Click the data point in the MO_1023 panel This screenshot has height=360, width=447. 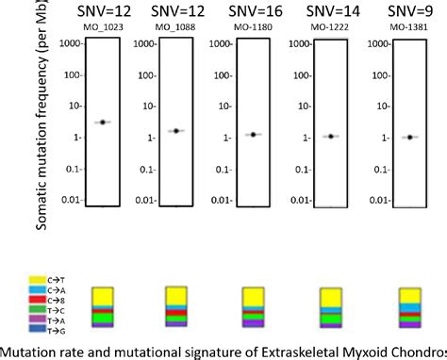(103, 123)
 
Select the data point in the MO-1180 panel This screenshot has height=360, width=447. (253, 135)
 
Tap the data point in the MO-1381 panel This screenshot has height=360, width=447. (408, 138)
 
